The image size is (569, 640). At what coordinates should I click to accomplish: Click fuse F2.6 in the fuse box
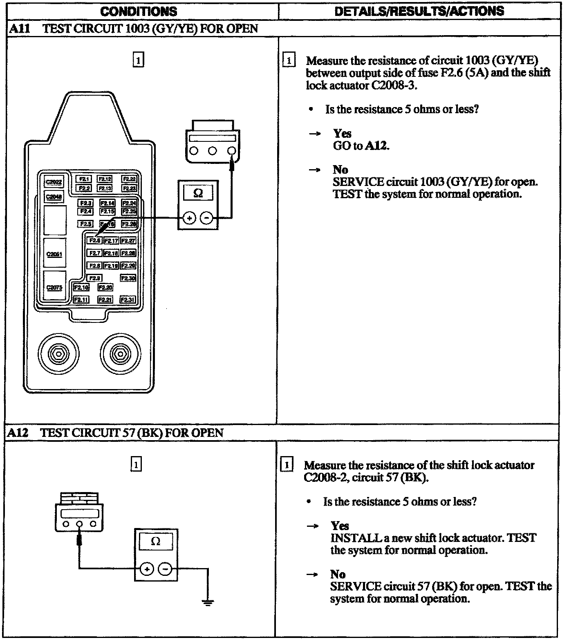pyautogui.click(x=94, y=241)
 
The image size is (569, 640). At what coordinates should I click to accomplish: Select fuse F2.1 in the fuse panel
pyautogui.click(x=83, y=179)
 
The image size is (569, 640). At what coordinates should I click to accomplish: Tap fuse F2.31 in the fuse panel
pyautogui.click(x=127, y=300)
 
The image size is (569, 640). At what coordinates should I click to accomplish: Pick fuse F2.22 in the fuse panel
pyautogui.click(x=130, y=179)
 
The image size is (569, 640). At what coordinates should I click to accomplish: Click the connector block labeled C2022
pyautogui.click(x=54, y=182)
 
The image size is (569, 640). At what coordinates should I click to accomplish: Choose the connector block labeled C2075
pyautogui.click(x=54, y=288)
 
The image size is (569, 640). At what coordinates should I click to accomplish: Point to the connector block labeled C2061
pyautogui.click(x=54, y=254)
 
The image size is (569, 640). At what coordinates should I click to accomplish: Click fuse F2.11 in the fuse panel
pyautogui.click(x=81, y=300)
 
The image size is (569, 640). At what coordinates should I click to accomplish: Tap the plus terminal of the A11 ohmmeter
pyautogui.click(x=189, y=218)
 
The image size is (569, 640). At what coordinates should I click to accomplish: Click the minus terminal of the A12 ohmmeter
pyautogui.click(x=165, y=568)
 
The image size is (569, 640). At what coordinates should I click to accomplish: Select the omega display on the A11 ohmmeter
pyautogui.click(x=198, y=192)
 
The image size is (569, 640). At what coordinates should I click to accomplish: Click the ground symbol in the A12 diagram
pyautogui.click(x=208, y=602)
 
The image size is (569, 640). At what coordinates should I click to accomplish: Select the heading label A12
pyautogui.click(x=17, y=433)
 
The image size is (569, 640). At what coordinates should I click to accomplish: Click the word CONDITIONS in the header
pyautogui.click(x=139, y=11)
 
